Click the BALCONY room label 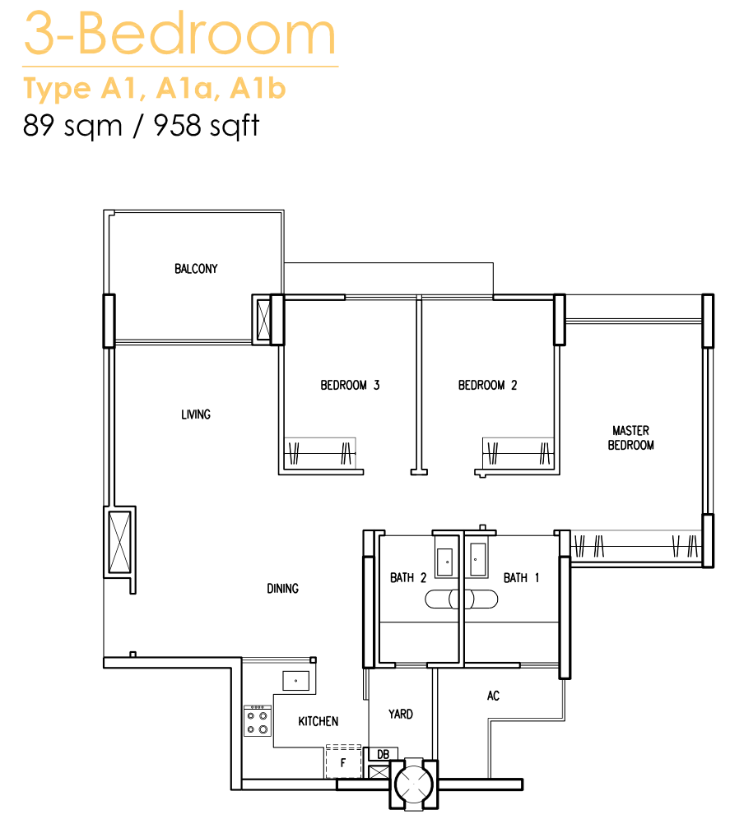[x=196, y=268]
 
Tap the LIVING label [x=196, y=414]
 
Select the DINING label [x=283, y=589]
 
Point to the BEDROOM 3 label [x=350, y=385]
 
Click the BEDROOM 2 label [x=487, y=385]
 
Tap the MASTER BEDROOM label [x=630, y=437]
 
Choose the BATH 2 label [x=408, y=578]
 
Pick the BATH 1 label [x=521, y=578]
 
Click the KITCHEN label [x=318, y=721]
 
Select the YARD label [x=401, y=714]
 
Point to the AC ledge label [x=493, y=696]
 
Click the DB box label [x=383, y=754]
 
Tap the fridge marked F [x=343, y=761]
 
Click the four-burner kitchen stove [x=258, y=721]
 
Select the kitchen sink [x=296, y=681]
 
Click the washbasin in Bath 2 [x=445, y=562]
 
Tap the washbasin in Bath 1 [x=478, y=559]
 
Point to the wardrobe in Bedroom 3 [x=319, y=452]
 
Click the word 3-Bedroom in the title [x=179, y=34]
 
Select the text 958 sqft [x=207, y=126]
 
